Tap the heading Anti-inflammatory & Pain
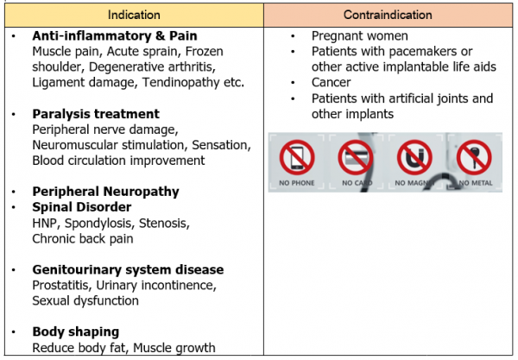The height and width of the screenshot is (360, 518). [115, 36]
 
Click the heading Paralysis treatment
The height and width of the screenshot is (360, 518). [96, 114]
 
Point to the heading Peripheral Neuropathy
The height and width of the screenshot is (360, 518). [105, 192]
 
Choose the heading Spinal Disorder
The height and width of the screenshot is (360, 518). [82, 207]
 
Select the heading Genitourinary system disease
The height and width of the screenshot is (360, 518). [128, 269]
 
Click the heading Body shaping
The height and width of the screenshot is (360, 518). [76, 332]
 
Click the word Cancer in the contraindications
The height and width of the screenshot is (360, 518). [332, 84]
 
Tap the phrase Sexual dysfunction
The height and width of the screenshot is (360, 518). [86, 300]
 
